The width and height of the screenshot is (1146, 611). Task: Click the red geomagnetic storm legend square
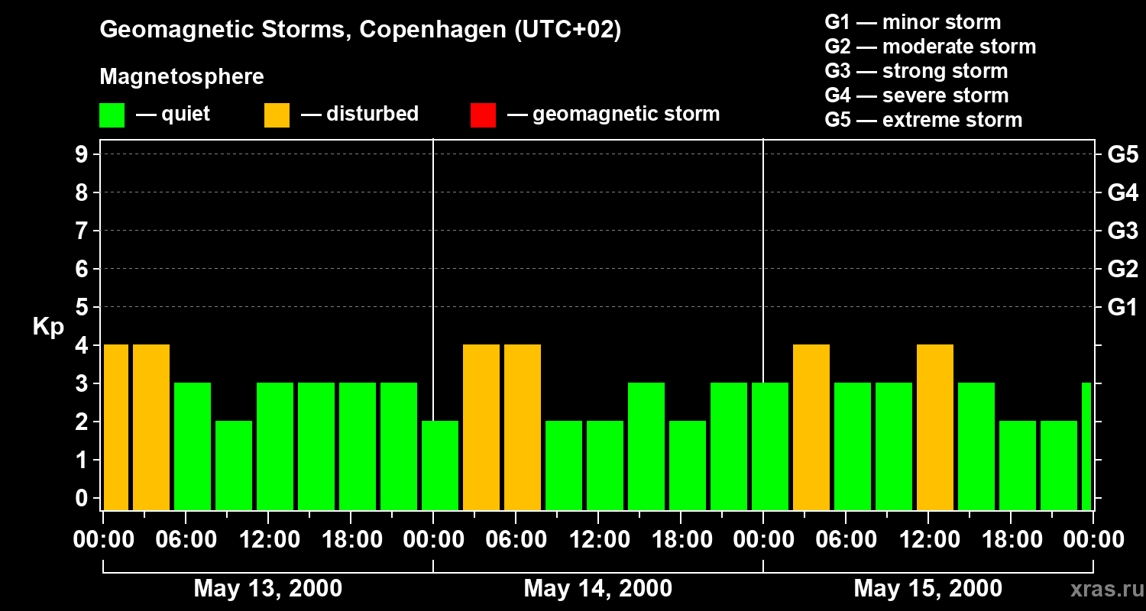[483, 115]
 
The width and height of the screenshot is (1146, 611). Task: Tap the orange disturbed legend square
[277, 115]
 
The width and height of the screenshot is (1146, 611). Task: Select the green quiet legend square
[112, 115]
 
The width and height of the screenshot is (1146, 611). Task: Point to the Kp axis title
[48, 327]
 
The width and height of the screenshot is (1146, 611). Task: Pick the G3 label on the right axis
[1122, 231]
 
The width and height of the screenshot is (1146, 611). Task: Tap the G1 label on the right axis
[1122, 307]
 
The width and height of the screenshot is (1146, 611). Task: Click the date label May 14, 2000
[597, 588]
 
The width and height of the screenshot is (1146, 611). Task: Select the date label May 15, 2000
[927, 588]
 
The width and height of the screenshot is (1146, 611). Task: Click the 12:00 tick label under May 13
[268, 540]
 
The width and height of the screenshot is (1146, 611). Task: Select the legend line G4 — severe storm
[916, 95]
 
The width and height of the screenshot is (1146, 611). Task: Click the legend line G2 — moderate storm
[930, 47]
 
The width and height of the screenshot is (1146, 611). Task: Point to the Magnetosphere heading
[182, 77]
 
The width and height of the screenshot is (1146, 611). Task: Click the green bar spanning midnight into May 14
[440, 465]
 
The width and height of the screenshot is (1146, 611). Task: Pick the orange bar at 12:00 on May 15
[935, 427]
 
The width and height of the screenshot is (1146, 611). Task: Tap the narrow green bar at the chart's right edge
[1086, 446]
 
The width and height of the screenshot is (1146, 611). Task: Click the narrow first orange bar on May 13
[116, 427]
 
